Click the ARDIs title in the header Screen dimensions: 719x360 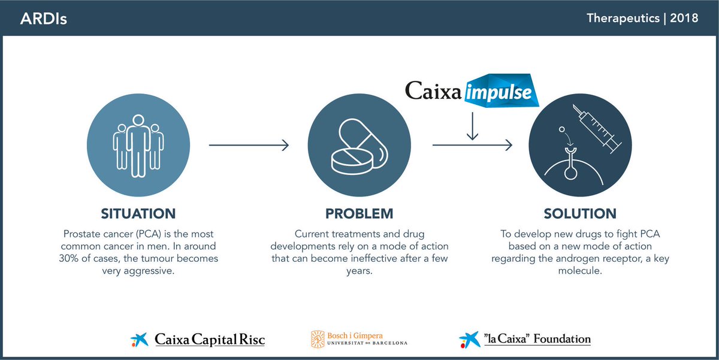(43, 19)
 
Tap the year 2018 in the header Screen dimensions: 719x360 (684, 18)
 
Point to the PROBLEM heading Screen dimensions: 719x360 (359, 213)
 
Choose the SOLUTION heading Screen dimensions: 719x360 (579, 213)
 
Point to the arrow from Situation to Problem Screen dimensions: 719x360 (249, 145)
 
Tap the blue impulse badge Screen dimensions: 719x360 (503, 90)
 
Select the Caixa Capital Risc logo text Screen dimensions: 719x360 (210, 340)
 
